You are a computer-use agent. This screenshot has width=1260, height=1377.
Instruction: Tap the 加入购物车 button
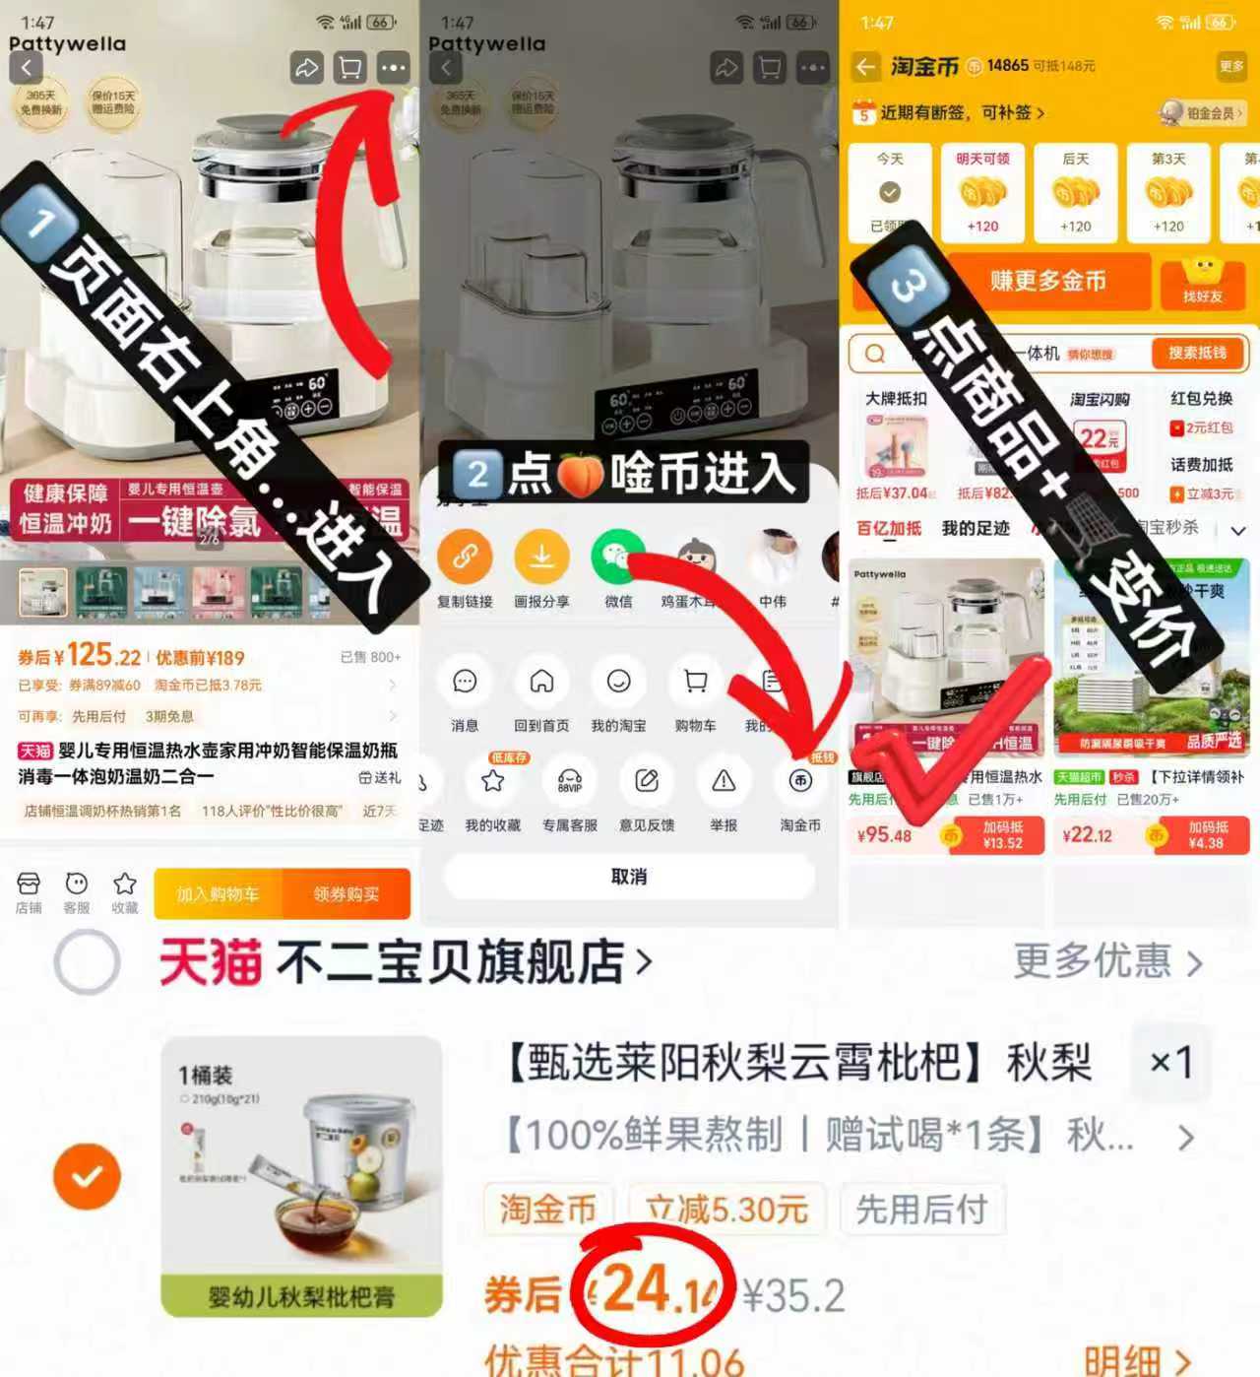(x=218, y=893)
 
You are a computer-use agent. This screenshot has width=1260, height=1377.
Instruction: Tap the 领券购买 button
(x=346, y=893)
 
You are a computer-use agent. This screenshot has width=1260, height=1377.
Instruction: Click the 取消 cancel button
(x=629, y=876)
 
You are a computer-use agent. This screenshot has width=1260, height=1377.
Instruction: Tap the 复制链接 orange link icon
(x=465, y=557)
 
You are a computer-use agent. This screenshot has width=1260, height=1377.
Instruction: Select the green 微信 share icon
(x=617, y=557)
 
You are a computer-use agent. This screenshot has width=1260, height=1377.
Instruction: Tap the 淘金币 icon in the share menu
(x=800, y=781)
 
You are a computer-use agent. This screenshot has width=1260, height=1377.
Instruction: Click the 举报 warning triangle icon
(x=724, y=781)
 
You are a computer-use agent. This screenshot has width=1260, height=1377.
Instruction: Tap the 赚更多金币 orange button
(x=1048, y=282)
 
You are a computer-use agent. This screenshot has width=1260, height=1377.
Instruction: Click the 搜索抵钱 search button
(x=1197, y=353)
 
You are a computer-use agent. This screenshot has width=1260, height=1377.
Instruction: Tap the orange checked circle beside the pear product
(x=88, y=1175)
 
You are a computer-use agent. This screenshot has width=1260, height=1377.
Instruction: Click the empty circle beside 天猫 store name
(x=88, y=961)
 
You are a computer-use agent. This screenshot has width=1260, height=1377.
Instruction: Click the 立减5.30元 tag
(x=725, y=1209)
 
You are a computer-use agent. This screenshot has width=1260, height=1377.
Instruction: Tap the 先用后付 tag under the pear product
(x=921, y=1209)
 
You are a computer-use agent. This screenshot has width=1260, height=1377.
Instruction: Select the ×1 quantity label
(x=1171, y=1062)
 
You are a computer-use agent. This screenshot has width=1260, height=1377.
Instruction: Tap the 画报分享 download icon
(x=541, y=557)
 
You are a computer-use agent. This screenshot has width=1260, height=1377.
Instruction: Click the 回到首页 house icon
(x=541, y=682)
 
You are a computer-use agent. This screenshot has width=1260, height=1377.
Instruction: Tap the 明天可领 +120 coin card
(x=982, y=193)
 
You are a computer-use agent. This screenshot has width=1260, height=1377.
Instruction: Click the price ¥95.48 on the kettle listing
(x=884, y=835)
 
